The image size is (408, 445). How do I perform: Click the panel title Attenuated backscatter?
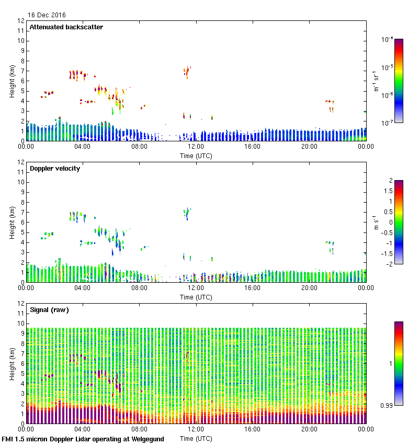pos(66,27)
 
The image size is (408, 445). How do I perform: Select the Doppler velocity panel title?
pos(55,169)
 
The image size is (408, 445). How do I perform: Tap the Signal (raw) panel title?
pos(49,310)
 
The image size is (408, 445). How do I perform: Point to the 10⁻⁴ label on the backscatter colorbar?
pos(388,39)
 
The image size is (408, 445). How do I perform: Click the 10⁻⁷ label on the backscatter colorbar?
pos(388,123)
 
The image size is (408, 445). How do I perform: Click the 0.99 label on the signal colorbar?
pos(386,405)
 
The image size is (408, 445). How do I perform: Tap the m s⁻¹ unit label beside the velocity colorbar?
pos(376,222)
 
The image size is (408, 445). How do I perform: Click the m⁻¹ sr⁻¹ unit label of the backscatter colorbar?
pos(376,81)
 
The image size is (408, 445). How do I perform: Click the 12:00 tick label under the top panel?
pos(196,147)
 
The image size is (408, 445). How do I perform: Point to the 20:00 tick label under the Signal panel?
pos(309,429)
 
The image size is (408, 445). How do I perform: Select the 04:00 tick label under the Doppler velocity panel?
pos(83,288)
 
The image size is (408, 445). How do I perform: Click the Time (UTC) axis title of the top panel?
pos(196,155)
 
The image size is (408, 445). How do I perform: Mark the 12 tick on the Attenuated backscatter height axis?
pos(20,21)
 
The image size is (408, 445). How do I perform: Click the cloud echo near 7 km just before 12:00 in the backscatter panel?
pos(187,71)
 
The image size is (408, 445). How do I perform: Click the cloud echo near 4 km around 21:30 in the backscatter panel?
pos(329,102)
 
